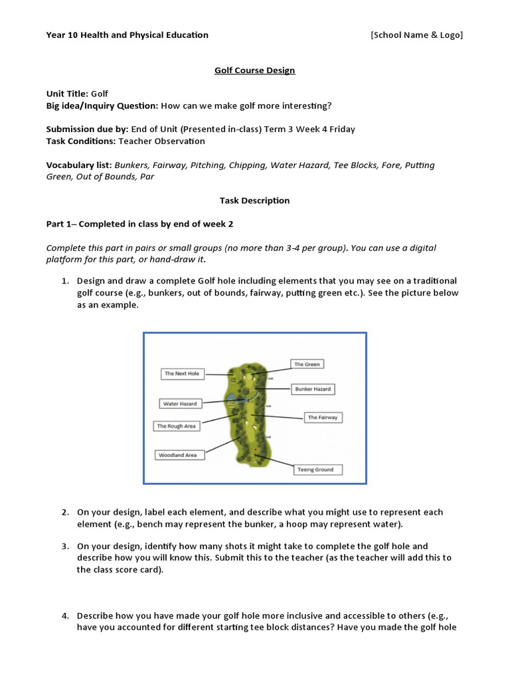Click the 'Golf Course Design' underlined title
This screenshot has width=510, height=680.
point(254,70)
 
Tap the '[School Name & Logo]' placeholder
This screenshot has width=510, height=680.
point(416,35)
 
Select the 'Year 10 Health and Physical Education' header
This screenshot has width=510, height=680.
point(127,35)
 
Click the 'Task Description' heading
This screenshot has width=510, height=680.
point(254,200)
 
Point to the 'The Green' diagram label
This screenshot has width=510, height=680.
point(307,365)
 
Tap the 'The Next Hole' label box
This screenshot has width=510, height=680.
point(181,374)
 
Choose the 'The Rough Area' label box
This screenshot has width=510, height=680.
point(177,426)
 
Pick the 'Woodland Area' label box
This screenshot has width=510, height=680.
point(177,455)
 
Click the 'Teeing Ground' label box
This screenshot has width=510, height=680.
point(315,469)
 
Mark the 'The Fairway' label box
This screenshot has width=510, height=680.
point(323,418)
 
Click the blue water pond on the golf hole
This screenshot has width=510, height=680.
point(232,398)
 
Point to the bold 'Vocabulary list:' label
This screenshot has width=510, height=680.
point(79,165)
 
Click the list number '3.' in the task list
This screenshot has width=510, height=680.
point(65,546)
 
